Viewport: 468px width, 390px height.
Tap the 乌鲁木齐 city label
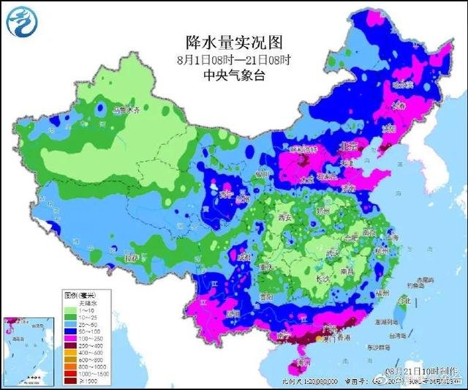tap(125, 111)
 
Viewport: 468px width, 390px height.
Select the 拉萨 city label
tap(132, 258)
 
